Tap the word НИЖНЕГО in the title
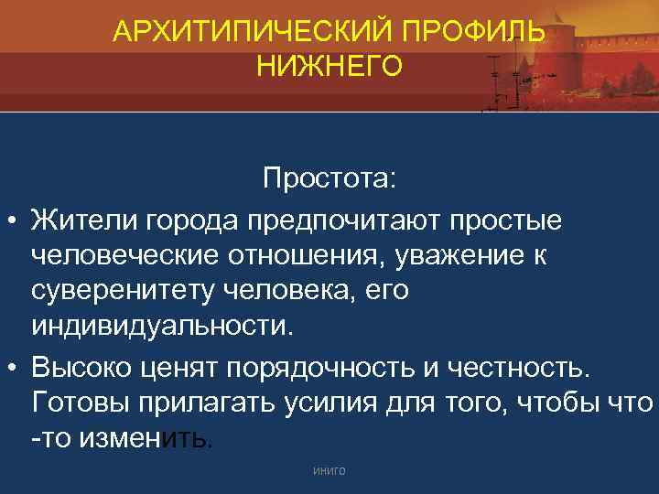pyautogui.click(x=329, y=66)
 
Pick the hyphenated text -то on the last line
pyautogui.click(x=49, y=440)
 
